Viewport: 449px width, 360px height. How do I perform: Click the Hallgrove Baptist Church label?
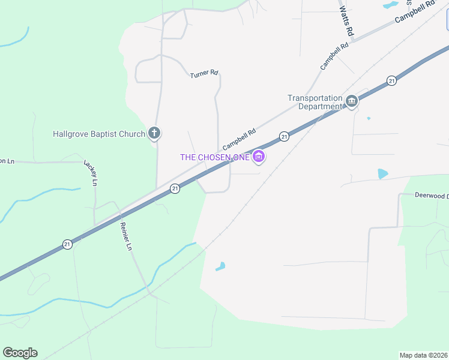point(99,134)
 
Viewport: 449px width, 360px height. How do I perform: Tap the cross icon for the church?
point(154,133)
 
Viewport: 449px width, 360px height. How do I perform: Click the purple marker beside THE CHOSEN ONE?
point(259,157)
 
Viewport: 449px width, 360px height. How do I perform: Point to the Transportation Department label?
point(315,103)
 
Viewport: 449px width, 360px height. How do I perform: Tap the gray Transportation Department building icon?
point(352,101)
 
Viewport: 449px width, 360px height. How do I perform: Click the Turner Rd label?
point(203,74)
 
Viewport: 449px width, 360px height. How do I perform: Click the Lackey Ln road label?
point(91,173)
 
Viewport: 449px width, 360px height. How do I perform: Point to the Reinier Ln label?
point(125,235)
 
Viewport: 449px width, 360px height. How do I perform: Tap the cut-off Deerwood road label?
point(432,196)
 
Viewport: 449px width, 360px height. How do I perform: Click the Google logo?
point(20,353)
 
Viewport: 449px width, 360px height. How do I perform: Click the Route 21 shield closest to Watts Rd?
point(391,80)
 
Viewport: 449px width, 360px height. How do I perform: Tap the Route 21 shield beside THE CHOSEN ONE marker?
point(284,137)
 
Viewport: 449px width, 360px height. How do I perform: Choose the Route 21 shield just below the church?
point(175,188)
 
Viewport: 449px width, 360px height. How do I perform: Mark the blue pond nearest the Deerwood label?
point(382,174)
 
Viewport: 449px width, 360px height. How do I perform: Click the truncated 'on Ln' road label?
point(6,161)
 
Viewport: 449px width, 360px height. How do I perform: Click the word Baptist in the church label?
point(114,134)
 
